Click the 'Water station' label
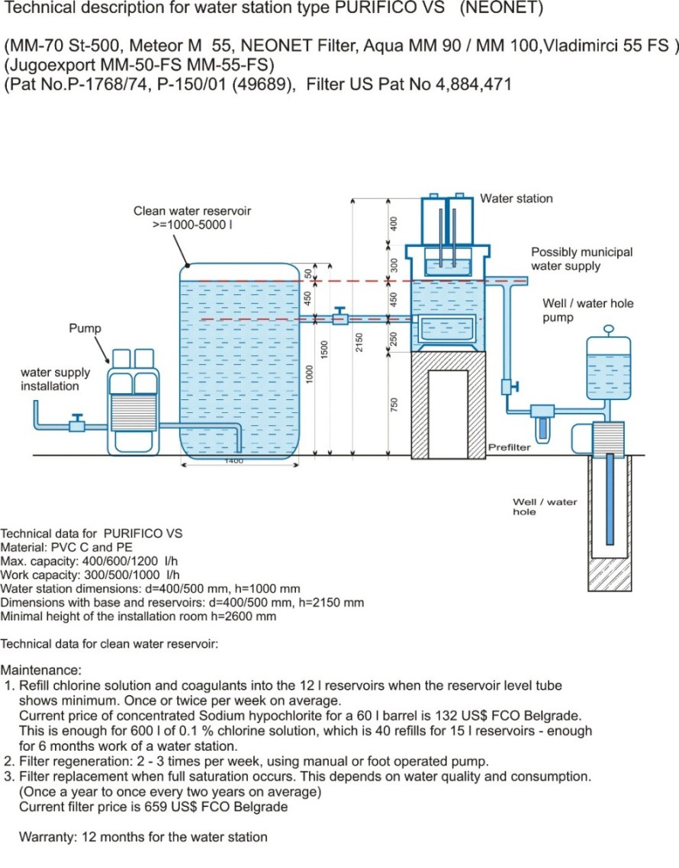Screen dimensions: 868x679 (x=516, y=198)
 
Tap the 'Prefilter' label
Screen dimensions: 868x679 (x=509, y=447)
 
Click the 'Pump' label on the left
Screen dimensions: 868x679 (x=85, y=328)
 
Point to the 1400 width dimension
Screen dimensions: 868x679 (x=233, y=462)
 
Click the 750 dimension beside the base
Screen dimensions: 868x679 (x=394, y=405)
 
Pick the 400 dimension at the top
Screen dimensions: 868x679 (x=394, y=223)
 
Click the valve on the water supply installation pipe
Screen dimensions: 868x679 (x=76, y=424)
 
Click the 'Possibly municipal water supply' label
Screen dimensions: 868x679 (x=581, y=259)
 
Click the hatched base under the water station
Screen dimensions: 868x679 (x=449, y=405)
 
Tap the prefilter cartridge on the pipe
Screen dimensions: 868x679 (x=542, y=421)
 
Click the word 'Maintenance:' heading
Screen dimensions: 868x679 (x=41, y=671)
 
